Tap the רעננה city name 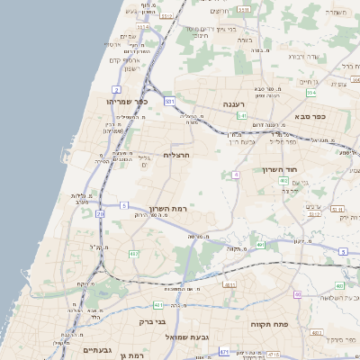point(223,104)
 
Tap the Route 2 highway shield point(117,90)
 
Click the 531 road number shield point(168,102)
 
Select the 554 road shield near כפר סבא point(311,93)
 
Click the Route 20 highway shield point(100,214)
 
